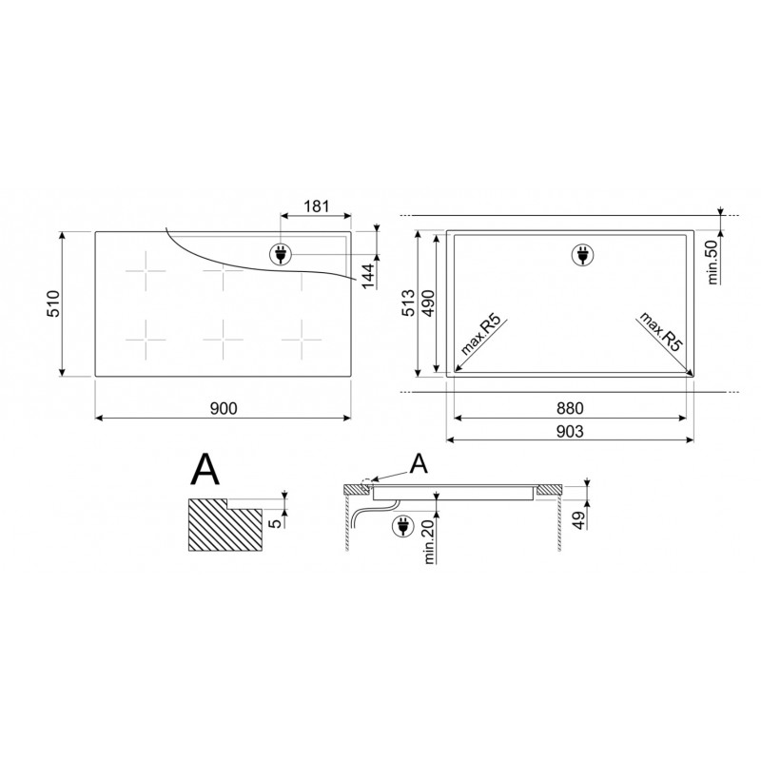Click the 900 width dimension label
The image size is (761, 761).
224,409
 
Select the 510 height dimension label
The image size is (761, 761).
53,303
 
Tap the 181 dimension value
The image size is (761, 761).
317,206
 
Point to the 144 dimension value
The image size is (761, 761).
369,275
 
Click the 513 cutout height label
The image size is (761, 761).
410,302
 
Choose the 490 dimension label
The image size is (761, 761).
429,302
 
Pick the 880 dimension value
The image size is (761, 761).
570,408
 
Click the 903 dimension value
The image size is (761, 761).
570,431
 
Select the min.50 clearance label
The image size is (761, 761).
712,263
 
